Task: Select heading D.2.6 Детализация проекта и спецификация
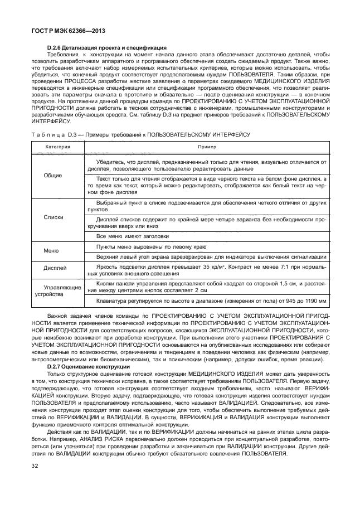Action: [108, 47]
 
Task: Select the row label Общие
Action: [53, 174]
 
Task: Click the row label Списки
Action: [53, 217]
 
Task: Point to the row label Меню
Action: [51, 251]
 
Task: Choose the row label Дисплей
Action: [54, 268]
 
